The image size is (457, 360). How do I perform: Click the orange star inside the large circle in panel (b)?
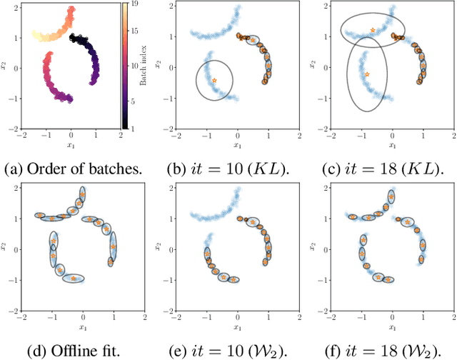pos(214,80)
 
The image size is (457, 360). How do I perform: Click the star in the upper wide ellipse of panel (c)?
pos(373,30)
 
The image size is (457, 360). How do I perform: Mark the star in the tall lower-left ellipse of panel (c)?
pos(367,74)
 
